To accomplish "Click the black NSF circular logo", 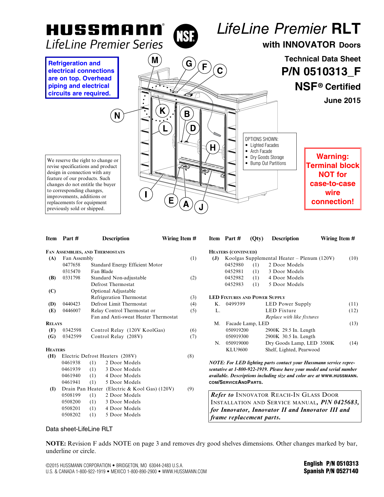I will click(186, 36).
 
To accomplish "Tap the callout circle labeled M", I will click(155, 60).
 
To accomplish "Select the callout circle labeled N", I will click(117, 116).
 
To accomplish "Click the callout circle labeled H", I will click(213, 148).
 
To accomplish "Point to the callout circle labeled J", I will click(201, 207).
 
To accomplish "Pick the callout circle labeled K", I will click(162, 111).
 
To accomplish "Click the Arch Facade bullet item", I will click(261, 151).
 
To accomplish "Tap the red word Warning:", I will click(332, 157).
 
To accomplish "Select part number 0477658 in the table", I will click(71, 265).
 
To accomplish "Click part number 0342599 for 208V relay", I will click(72, 337).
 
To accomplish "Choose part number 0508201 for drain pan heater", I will click(71, 408).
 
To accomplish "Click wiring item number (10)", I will click(353, 258).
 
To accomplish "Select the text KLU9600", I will click(236, 350).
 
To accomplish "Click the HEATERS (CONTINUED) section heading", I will click(233, 252).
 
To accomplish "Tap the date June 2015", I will click(342, 101).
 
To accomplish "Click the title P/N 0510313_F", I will click(321, 72).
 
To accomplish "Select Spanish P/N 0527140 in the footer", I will click(331, 471).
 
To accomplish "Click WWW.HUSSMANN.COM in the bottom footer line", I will click(184, 472).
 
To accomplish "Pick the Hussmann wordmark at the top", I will click(105, 30).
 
